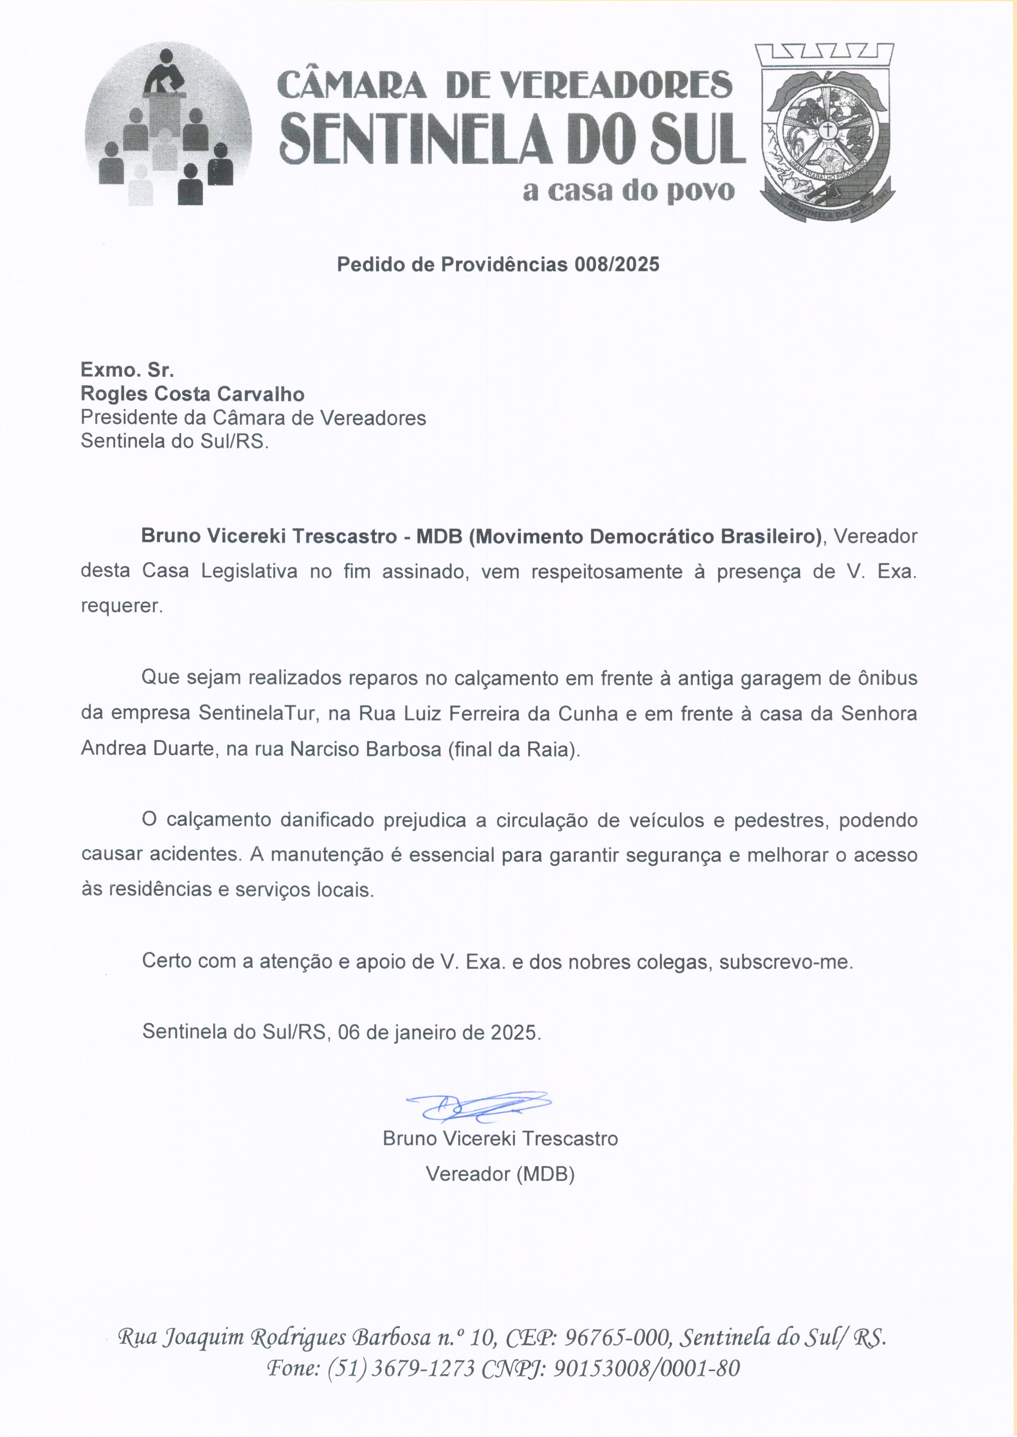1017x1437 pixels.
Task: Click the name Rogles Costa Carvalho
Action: pos(192,394)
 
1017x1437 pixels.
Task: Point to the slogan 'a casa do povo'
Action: pos(628,191)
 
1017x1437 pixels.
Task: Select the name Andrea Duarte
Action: pos(148,749)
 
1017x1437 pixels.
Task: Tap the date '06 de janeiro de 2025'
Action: pos(438,1031)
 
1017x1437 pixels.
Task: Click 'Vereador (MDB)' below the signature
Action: pos(500,1174)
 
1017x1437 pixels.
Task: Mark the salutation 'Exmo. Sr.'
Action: pos(127,370)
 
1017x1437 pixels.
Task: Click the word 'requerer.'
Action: pos(121,606)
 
